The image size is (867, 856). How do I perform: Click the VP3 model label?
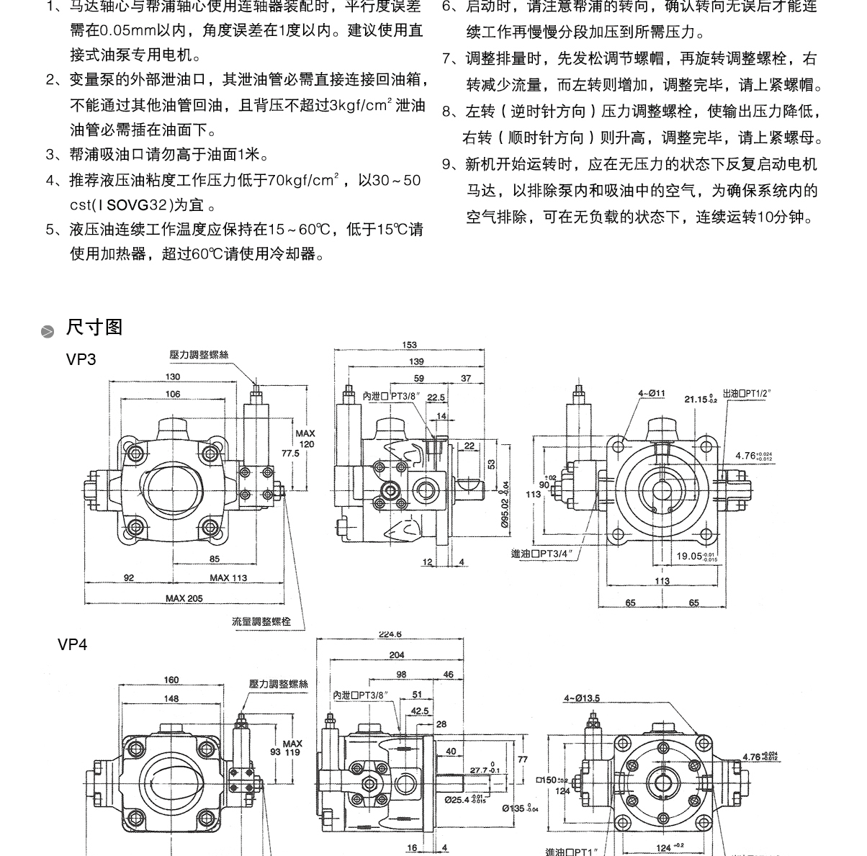(81, 359)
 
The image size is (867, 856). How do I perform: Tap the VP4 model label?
(73, 644)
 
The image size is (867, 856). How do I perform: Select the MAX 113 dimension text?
(228, 577)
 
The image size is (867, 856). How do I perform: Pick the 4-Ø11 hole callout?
(651, 394)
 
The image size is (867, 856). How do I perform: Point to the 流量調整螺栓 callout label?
(261, 621)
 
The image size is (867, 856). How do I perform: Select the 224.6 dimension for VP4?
(390, 634)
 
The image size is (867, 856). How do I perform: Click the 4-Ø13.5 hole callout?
(582, 698)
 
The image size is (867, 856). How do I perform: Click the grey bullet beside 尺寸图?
(48, 331)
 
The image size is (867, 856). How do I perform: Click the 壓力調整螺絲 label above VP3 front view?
(199, 355)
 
